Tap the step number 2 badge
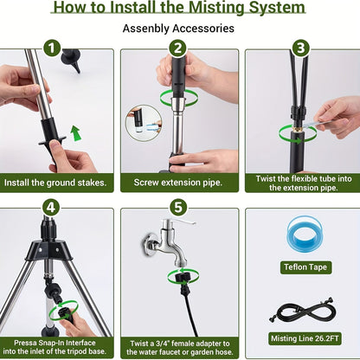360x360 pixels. (x=178, y=48)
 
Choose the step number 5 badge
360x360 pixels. (x=178, y=208)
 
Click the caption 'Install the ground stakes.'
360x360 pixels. (x=56, y=183)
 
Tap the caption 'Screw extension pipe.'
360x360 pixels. (x=179, y=183)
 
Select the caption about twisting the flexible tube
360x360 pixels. (x=302, y=183)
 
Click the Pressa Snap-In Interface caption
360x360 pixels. (x=56, y=345)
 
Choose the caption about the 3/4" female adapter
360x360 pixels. (x=179, y=345)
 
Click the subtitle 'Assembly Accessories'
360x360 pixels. (x=179, y=28)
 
